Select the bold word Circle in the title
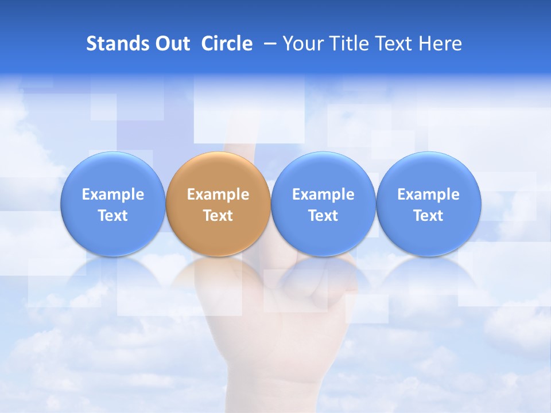click(x=227, y=44)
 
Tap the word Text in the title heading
click(x=396, y=44)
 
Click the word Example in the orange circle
click(x=218, y=194)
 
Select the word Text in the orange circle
click(x=218, y=216)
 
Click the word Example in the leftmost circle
click(x=113, y=194)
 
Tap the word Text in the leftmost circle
click(x=113, y=216)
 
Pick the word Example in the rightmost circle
click(x=428, y=194)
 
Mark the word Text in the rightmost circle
click(x=428, y=216)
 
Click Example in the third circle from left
click(x=323, y=194)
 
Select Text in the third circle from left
click(x=323, y=216)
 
